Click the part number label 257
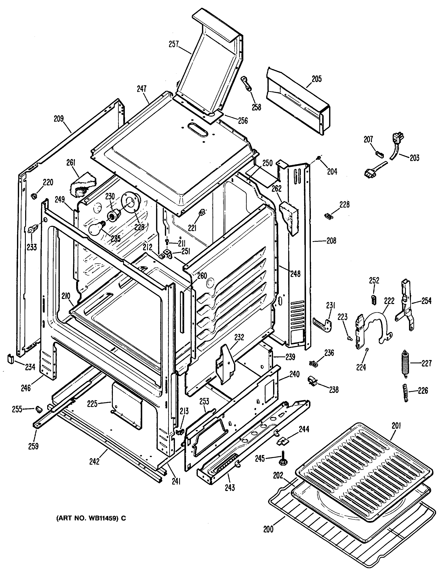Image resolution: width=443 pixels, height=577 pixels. tap(174, 44)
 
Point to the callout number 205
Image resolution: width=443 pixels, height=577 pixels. tap(317, 79)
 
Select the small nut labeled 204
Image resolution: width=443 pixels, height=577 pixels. tap(319, 158)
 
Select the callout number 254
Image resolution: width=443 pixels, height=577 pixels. tap(426, 301)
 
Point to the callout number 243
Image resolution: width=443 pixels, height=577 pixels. tap(230, 488)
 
